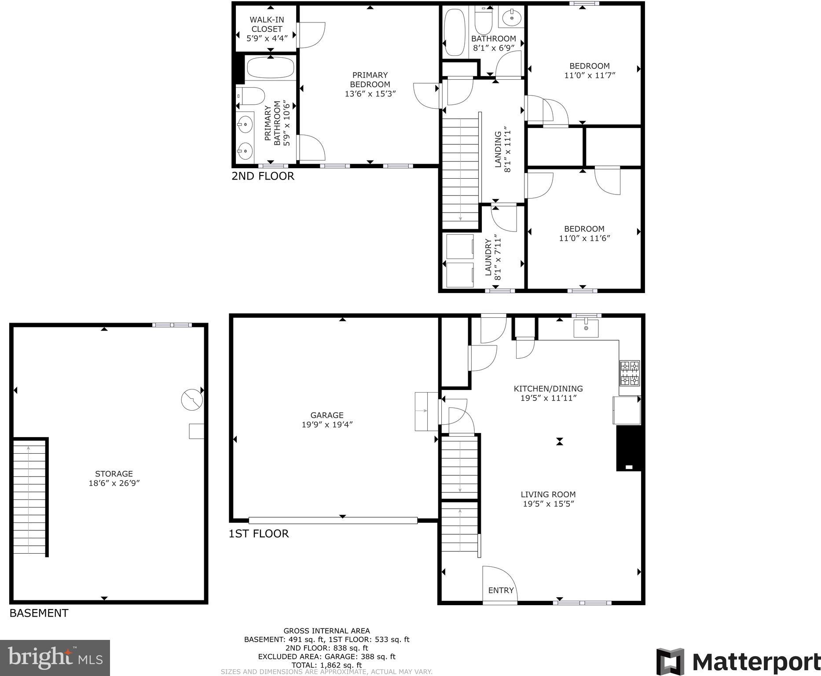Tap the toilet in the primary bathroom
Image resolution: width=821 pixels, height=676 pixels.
251,96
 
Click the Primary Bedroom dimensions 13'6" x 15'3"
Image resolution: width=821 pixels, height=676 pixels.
370,94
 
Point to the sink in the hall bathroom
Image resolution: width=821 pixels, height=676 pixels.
511,18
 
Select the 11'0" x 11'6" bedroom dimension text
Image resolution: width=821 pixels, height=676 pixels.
584,239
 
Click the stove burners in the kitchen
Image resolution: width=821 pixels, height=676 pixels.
630,373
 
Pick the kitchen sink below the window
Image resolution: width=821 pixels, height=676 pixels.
586,328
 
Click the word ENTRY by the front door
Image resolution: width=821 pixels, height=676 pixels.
501,591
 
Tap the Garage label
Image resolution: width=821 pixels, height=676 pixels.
326,415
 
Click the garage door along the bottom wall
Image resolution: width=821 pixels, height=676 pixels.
333,520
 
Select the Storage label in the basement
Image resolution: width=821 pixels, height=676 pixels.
114,474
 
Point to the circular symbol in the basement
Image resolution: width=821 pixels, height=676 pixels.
192,400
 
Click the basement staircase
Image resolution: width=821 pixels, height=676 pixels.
29,497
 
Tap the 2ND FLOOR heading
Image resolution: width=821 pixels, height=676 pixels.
263,176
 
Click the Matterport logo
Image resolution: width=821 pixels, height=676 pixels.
738,661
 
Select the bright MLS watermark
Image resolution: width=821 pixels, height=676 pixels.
55,658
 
